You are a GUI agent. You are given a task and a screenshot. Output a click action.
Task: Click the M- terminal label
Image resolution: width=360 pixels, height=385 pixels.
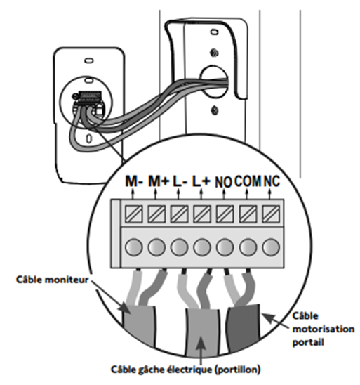pos(133,181)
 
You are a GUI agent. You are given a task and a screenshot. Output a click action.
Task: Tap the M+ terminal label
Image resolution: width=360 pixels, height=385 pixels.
pos(159,181)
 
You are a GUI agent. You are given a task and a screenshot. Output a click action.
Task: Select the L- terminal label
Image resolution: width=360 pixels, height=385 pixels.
pos(180,181)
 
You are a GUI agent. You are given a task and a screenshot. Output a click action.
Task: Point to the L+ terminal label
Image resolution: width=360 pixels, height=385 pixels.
pos(201,181)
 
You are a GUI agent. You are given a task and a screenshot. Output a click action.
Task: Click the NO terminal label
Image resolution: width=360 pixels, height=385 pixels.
pos(223,182)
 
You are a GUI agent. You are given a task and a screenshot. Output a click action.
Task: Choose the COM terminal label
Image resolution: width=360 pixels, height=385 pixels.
pos(248,181)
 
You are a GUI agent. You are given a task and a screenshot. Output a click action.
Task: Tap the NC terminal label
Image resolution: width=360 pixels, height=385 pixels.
pos(272,181)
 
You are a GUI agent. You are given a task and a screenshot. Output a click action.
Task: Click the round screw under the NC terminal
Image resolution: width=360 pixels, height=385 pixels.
pos(271,247)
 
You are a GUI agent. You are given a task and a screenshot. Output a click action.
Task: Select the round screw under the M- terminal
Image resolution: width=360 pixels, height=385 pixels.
pos(133,247)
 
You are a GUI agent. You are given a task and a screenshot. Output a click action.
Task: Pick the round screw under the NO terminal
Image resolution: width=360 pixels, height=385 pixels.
pos(225,247)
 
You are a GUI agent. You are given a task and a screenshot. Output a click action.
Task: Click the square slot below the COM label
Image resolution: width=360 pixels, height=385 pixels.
pos(248,214)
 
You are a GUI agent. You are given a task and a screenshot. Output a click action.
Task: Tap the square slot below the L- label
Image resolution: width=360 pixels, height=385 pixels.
pos(179,214)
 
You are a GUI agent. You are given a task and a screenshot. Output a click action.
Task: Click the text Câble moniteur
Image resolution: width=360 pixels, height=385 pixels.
pos(52,280)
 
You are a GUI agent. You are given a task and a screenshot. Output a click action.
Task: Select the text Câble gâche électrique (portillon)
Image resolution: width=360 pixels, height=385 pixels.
pos(186,370)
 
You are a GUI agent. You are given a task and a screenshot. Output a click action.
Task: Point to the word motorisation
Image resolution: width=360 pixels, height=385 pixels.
pos(324,329)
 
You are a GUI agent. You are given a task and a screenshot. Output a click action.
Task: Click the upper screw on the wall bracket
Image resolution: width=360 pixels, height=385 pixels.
pos(214,52)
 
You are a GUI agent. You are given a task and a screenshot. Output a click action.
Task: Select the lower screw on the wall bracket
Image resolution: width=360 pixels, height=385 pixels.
pos(215,110)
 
